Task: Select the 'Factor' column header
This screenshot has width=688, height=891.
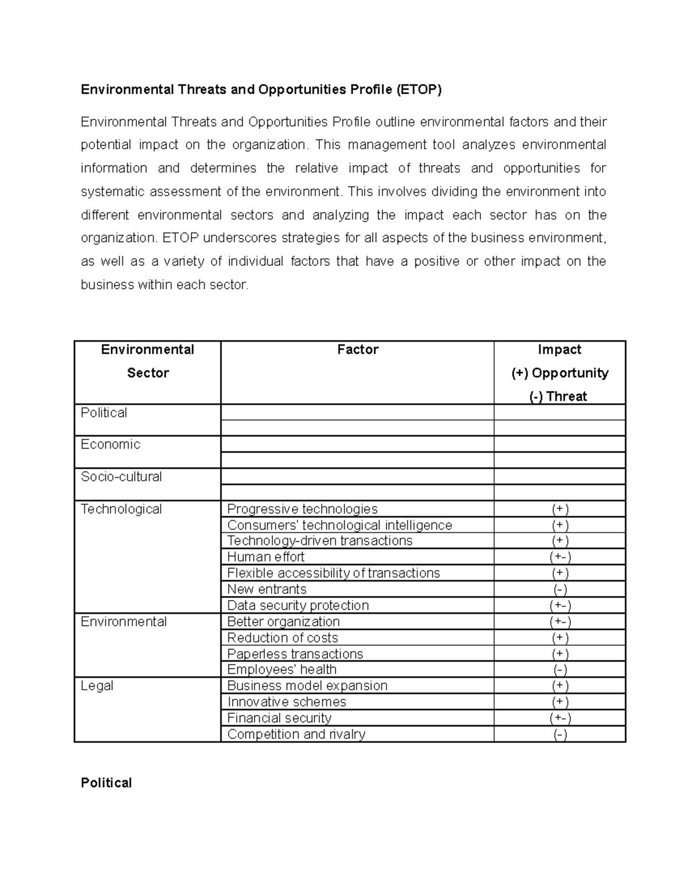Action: coord(358,349)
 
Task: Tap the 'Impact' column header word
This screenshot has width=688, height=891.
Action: coord(560,349)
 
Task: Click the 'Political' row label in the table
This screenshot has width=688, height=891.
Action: coord(104,413)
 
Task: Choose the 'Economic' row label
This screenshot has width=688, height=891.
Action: coord(111,444)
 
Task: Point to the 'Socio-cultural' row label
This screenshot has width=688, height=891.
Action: coord(122,477)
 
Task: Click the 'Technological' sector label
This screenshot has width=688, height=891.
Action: coord(122,509)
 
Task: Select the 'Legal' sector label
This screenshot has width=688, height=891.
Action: coord(97,686)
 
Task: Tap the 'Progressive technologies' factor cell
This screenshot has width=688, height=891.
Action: coord(302,509)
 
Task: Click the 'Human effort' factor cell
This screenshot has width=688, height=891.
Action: coord(265,557)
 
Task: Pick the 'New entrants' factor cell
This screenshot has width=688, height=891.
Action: coord(267,589)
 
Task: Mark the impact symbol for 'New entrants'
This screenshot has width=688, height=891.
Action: coord(560,589)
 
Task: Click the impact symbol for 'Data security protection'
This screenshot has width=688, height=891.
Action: coord(560,605)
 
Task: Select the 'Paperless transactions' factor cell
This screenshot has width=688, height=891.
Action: coord(295,654)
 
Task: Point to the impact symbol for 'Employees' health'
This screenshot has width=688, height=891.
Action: coord(560,670)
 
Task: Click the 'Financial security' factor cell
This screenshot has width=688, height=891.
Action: coord(279,718)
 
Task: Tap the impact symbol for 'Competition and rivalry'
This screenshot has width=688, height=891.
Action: coord(560,734)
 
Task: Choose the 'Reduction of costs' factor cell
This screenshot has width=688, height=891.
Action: coord(283,638)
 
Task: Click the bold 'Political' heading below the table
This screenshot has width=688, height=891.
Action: coord(106,783)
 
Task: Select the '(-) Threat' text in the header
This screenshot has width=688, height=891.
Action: coord(560,396)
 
